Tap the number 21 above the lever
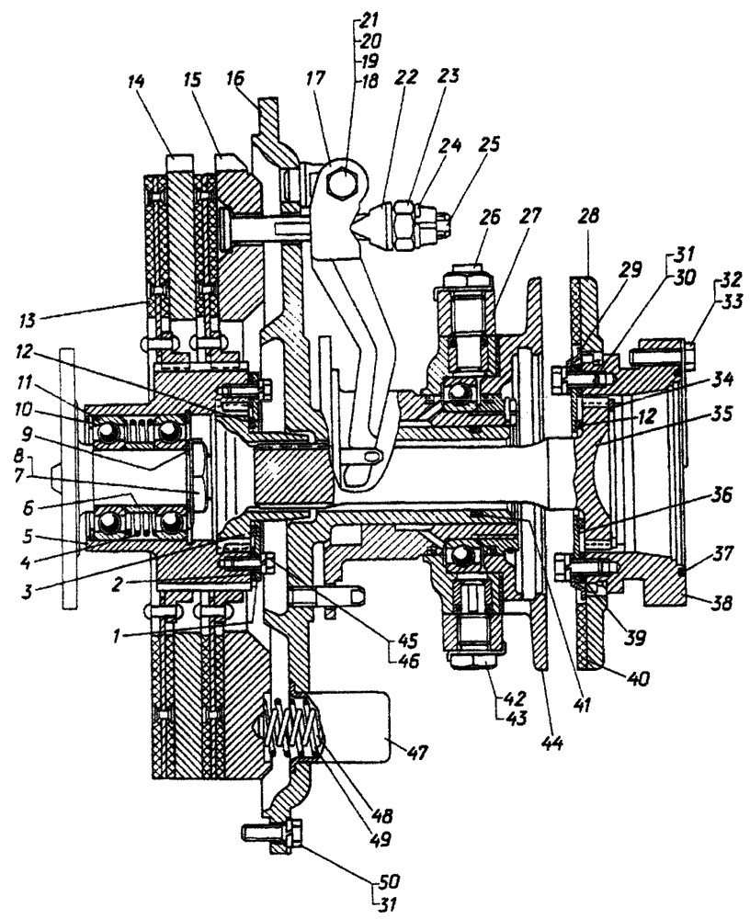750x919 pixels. [x=371, y=18]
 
